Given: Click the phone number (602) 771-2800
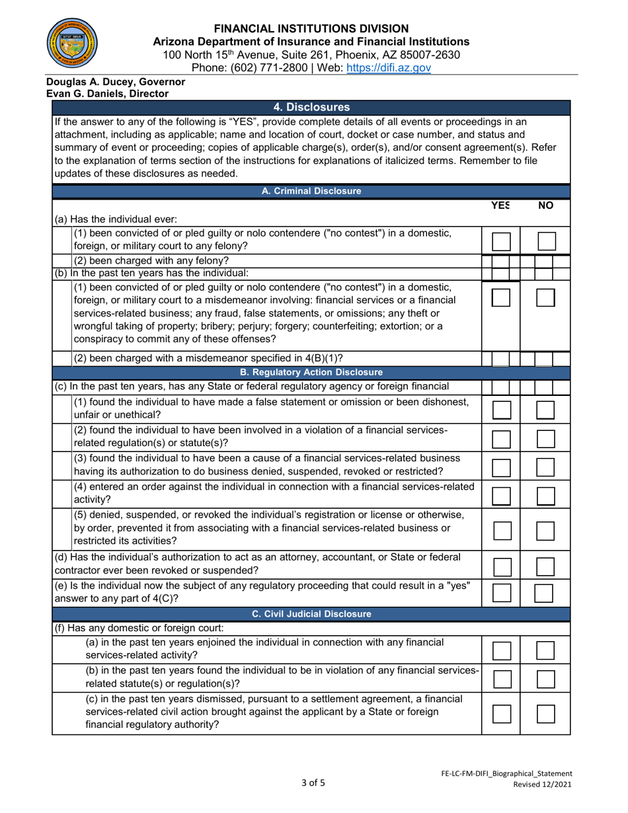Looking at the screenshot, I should coord(272,67).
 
